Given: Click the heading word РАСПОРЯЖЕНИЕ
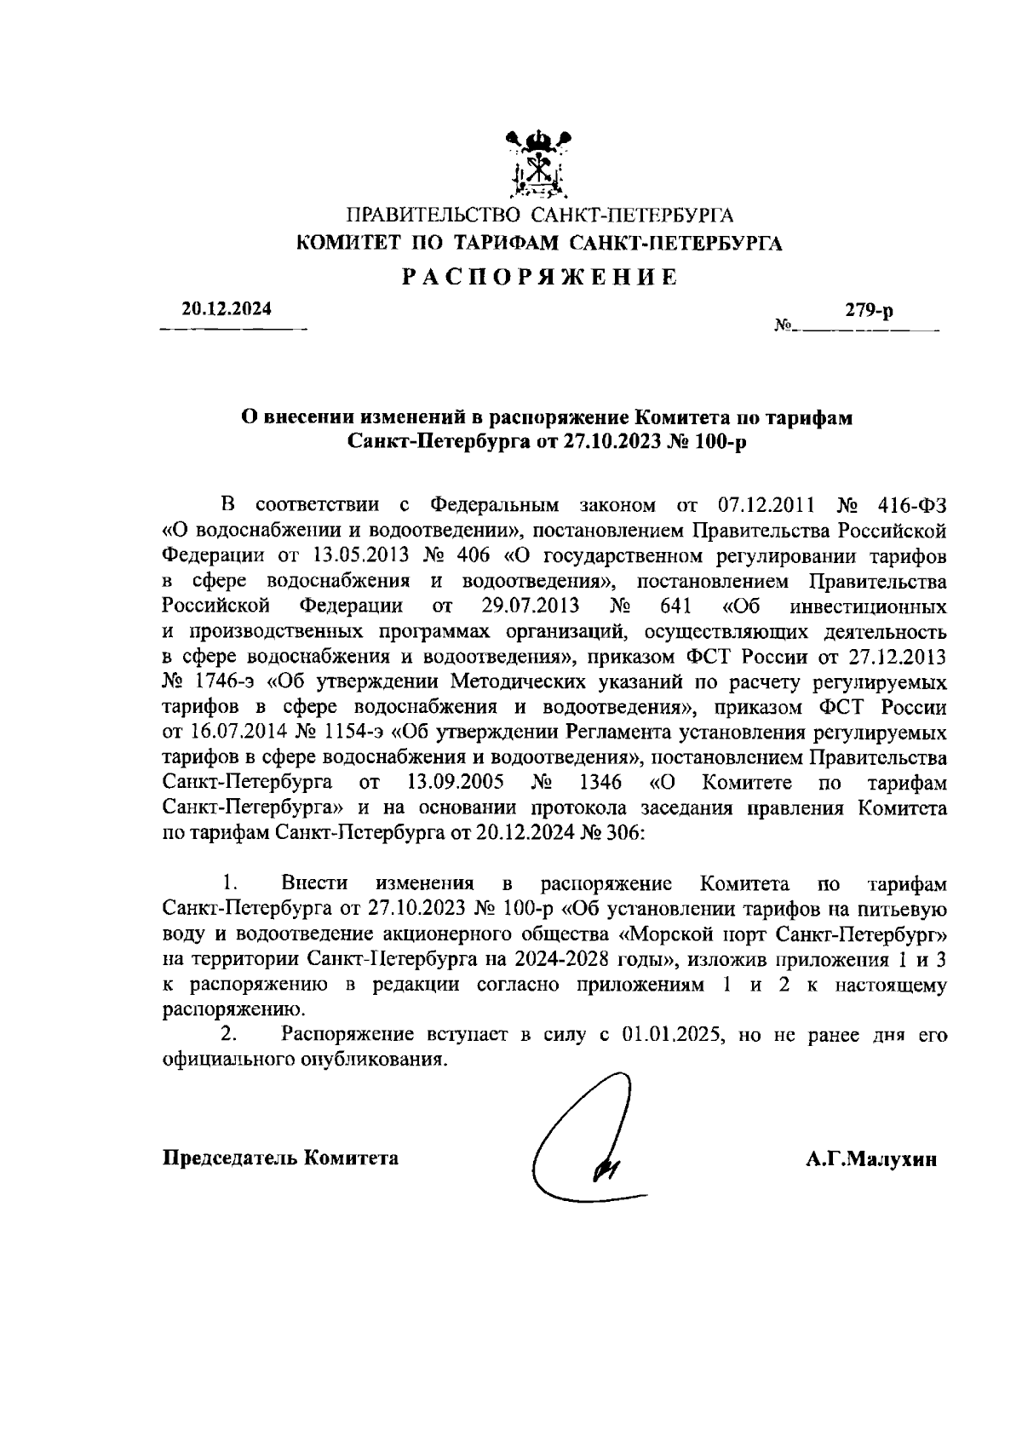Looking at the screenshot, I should pyautogui.click(x=540, y=277).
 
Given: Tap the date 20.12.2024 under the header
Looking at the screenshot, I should pyautogui.click(x=227, y=308).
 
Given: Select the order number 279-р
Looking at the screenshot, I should pyautogui.click(x=869, y=312).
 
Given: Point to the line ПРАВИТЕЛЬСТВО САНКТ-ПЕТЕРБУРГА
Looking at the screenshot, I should pyautogui.click(x=539, y=215).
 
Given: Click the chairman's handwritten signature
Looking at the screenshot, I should pyautogui.click(x=588, y=1141).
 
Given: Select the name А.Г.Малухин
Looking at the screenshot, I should pyautogui.click(x=872, y=1159).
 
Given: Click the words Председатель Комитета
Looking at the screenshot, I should pyautogui.click(x=280, y=1158).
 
